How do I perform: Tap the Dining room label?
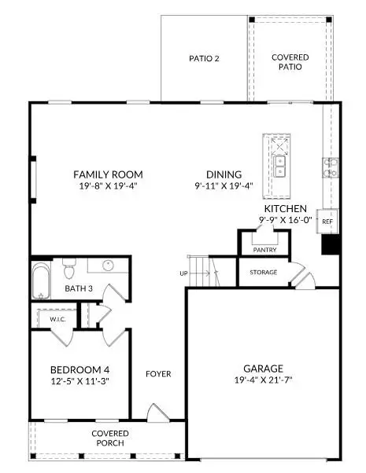click(224, 174)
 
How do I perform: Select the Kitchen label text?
click(285, 208)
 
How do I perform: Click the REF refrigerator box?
click(329, 222)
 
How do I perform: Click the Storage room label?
click(264, 272)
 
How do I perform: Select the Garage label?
click(263, 367)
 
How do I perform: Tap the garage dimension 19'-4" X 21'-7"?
click(263, 381)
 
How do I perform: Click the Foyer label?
click(158, 374)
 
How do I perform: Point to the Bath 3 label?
click(79, 288)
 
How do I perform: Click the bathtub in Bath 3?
click(41, 281)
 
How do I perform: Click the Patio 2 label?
click(204, 58)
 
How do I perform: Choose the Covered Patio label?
click(290, 62)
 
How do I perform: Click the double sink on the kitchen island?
click(279, 167)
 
